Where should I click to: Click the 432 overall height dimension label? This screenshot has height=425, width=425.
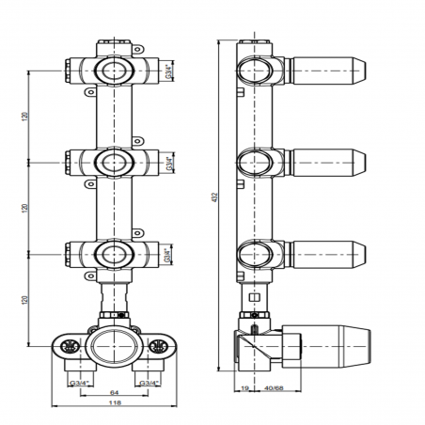(214, 197)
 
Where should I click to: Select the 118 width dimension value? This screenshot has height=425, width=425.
(115, 402)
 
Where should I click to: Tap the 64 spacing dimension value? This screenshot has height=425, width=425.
(115, 392)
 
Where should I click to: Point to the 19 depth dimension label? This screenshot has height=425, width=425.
(244, 388)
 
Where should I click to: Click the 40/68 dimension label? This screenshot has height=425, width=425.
(274, 388)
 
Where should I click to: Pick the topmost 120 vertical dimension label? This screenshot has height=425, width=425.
(25, 117)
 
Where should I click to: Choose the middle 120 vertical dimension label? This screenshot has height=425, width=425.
(25, 208)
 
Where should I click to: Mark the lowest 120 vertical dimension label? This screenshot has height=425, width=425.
(25, 300)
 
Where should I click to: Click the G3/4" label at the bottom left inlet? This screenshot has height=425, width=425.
(80, 383)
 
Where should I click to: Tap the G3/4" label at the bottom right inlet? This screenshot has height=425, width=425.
(150, 383)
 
